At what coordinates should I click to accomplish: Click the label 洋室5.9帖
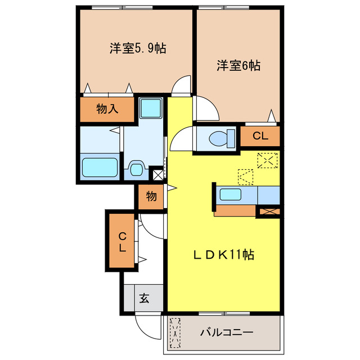pos(137,48)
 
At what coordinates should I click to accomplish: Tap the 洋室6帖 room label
pos(238,65)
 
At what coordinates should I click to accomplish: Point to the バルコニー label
pos(227,332)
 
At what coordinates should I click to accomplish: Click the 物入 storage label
pos(107,109)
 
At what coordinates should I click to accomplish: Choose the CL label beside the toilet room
pos(260,136)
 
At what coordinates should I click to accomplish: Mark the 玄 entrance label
pos(143,298)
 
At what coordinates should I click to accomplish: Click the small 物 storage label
pos(151,196)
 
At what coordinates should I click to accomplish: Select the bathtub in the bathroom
pos(100,168)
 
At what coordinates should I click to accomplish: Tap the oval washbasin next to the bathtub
pos(136,168)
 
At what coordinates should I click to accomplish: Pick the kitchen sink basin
pos(231,195)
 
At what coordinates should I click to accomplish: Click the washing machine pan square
pos(151,107)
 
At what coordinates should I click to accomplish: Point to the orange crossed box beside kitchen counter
pos(268,212)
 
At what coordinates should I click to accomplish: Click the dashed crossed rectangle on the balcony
pos(175,332)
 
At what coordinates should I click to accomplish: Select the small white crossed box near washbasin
pos(157,174)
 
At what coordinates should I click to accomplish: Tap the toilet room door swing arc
pos(181,138)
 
